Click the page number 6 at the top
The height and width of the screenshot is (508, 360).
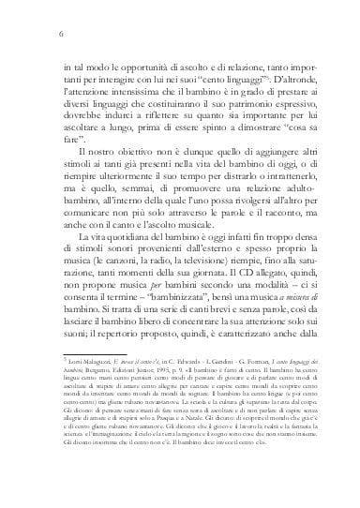[60, 35]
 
